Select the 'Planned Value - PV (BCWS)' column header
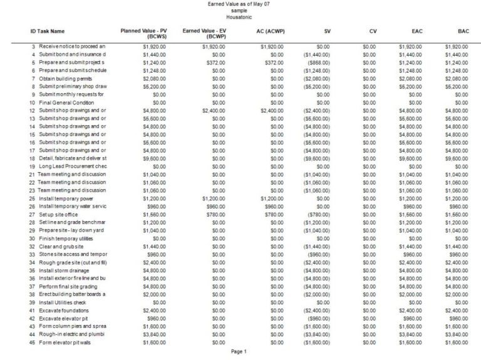click(x=143, y=34)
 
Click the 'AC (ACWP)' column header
click(x=271, y=31)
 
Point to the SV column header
click(x=327, y=31)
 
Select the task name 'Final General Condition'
click(x=66, y=102)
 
